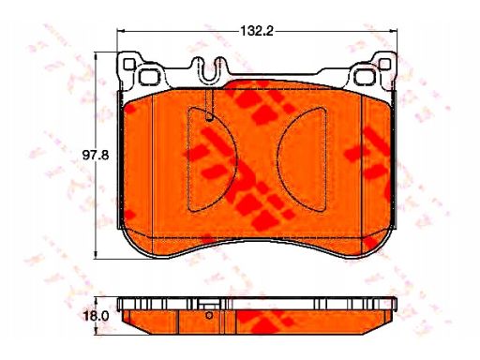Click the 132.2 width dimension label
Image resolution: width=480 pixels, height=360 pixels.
tap(257, 31)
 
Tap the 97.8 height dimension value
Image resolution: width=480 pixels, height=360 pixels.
tap(96, 155)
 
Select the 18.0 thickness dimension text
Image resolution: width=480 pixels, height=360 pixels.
tap(96, 316)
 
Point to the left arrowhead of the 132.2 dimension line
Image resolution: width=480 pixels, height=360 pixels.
tap(121, 31)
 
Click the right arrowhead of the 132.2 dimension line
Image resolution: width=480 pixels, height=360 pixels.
tap(393, 31)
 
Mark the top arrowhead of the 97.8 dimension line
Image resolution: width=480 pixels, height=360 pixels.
tap(96, 56)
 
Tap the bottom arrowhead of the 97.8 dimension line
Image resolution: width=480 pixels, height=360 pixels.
tap(96, 255)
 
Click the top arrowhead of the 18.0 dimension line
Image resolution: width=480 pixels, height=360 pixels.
tap(96, 300)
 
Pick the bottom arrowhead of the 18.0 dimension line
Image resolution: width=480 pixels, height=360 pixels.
tap(96, 331)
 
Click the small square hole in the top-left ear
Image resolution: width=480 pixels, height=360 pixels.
tap(129, 64)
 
